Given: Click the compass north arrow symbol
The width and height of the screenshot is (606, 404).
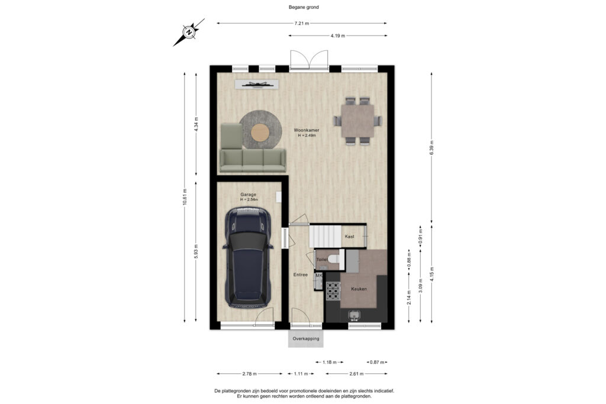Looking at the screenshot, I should point(189,32).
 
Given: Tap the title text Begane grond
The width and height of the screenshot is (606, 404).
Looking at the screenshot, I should point(302,7).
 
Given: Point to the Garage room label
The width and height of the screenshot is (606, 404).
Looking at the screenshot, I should point(248,194).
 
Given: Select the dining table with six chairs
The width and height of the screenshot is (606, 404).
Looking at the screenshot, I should point(357,121).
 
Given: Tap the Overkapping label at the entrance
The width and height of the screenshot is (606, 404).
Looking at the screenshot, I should point(306,339).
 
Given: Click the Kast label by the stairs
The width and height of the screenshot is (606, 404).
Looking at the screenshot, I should point(350,237).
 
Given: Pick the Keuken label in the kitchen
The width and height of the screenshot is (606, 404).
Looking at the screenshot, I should point(359,289).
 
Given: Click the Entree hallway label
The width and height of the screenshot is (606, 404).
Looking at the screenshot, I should point(301,275).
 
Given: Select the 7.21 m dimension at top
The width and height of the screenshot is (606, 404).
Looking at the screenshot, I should point(302,23).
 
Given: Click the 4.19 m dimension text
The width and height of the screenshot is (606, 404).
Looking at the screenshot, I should point(338,36).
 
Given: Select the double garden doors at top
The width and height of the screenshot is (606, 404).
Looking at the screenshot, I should point(308,61).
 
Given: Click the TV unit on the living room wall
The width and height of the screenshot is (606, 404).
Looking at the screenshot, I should point(257,85).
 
